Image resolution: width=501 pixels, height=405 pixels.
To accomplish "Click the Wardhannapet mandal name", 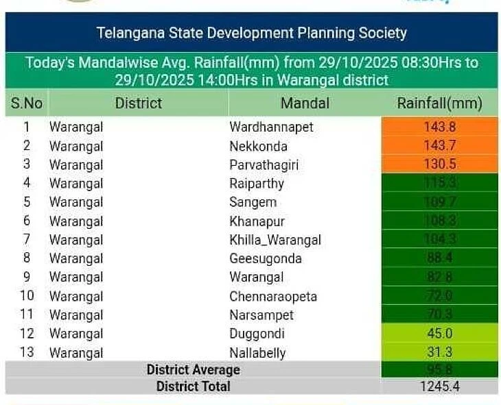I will click(271, 127).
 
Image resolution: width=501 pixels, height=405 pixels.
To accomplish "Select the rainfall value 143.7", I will click(440, 145).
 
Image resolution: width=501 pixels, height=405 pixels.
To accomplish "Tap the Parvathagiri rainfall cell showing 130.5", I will click(440, 164).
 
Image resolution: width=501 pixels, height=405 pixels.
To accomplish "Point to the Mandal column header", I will click(305, 103).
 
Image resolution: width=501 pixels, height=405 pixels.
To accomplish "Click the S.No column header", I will click(27, 103).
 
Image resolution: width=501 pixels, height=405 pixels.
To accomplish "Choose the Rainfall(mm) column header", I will click(439, 103).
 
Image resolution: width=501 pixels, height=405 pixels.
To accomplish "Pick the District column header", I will click(139, 103).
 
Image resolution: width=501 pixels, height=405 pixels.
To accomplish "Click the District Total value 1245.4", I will click(440, 386).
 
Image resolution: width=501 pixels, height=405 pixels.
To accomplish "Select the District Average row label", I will click(193, 370).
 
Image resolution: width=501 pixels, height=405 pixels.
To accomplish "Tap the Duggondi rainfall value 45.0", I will click(440, 334).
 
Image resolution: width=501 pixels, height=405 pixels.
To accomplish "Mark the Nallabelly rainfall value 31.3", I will click(440, 352).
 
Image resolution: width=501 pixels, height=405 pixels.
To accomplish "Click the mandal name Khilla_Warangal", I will click(275, 240).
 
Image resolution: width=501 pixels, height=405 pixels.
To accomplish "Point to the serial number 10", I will click(27, 296).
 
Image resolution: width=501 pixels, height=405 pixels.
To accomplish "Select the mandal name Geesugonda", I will click(265, 258).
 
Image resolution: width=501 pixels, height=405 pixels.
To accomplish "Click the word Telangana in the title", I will click(126, 32).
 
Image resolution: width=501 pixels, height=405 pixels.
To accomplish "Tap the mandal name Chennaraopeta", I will click(273, 297).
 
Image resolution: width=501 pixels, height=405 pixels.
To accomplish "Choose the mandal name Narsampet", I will click(261, 315).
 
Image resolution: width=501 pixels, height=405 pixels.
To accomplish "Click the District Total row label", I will click(193, 386).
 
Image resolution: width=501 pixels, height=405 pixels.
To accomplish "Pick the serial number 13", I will click(27, 352).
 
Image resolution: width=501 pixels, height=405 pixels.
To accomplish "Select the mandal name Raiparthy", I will click(257, 183).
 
